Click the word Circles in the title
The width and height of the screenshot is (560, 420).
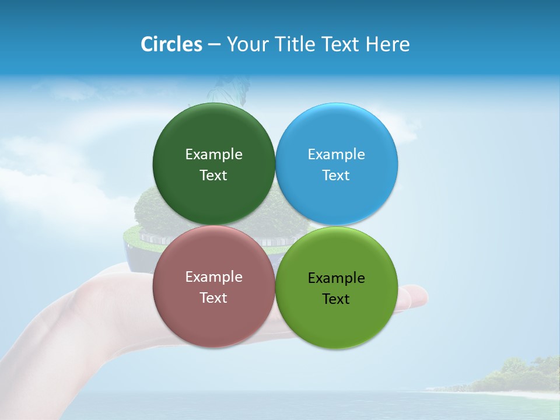171,44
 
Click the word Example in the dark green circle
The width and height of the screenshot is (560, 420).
213,154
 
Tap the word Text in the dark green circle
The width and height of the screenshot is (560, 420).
213,175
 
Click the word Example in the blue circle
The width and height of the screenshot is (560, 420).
337,154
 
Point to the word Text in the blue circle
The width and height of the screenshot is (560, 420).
336,175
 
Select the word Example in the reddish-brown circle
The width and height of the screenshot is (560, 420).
213,276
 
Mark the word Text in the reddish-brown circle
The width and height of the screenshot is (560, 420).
213,297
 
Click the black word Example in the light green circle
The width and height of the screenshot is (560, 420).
337,278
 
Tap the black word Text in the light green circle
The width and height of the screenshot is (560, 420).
336,299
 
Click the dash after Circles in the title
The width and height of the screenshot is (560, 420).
214,45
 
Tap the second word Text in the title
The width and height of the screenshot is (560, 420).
340,44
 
